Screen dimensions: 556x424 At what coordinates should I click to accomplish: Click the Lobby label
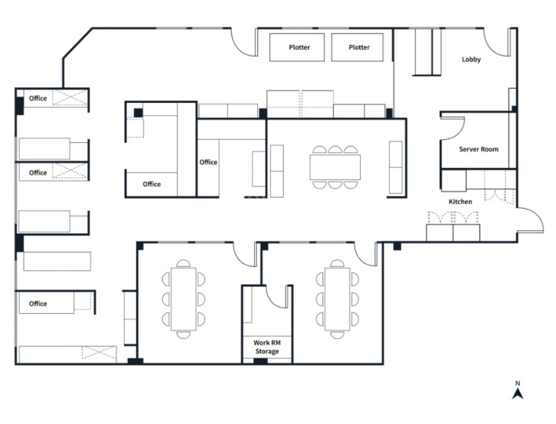tap(471, 59)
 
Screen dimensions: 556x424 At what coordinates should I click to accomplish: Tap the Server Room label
tap(478, 149)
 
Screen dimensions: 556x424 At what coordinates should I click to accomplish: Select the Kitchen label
tap(460, 202)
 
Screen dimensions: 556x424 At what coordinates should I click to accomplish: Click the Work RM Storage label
tap(267, 347)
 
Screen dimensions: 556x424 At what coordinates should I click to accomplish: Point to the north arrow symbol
tap(518, 394)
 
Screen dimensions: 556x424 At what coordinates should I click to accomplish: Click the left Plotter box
tap(297, 47)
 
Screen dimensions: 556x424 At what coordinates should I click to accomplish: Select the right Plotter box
tap(357, 47)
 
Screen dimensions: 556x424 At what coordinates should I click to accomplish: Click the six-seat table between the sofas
tap(335, 167)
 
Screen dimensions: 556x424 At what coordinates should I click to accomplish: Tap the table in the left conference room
tap(183, 299)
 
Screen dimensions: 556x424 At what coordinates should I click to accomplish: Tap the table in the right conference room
tap(338, 299)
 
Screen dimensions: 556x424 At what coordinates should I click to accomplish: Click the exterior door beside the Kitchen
tap(534, 216)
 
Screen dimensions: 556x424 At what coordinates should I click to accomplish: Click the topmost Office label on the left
tap(38, 98)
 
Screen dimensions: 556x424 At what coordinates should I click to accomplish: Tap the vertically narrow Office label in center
tap(208, 162)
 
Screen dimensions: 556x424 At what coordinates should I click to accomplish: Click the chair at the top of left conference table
tap(183, 263)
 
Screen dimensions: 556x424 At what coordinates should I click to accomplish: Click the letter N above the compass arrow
tap(518, 383)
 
